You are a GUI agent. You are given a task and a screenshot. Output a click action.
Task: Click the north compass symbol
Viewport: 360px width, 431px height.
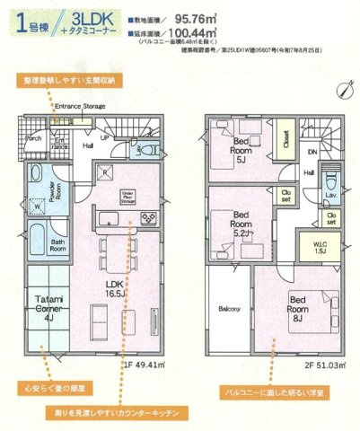[x=344, y=88]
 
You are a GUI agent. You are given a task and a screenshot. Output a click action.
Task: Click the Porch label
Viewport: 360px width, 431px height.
[x=34, y=138]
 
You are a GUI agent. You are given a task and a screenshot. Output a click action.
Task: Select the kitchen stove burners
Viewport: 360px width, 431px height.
[x=147, y=218]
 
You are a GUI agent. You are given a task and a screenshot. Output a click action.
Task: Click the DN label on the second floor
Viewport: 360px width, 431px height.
[x=312, y=152]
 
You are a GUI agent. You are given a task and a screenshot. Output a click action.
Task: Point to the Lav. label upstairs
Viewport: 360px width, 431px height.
[x=331, y=193]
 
